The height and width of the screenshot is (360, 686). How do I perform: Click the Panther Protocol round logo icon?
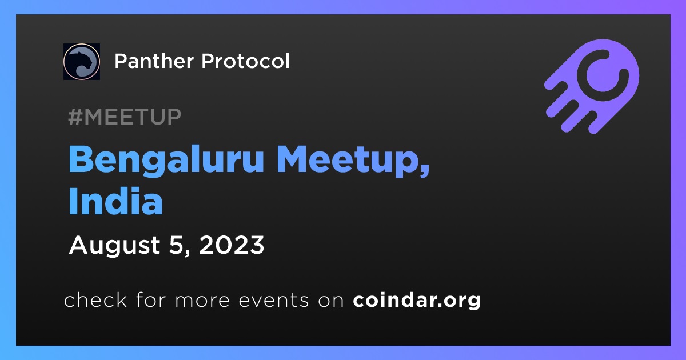pyautogui.click(x=81, y=62)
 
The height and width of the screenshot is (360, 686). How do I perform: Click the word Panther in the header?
pyautogui.click(x=154, y=61)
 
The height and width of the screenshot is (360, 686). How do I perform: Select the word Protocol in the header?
pyautogui.click(x=245, y=61)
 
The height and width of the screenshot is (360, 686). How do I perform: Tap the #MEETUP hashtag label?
pyautogui.click(x=125, y=117)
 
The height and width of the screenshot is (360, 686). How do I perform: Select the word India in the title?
pyautogui.click(x=115, y=201)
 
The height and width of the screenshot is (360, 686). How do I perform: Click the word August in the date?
pyautogui.click(x=115, y=246)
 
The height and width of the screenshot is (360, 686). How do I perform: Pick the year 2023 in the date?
pyautogui.click(x=232, y=245)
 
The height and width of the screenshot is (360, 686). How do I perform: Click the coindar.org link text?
pyautogui.click(x=417, y=301)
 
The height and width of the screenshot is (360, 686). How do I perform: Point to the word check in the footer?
pyautogui.click(x=95, y=299)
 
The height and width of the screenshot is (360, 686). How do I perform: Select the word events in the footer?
pyautogui.click(x=273, y=301)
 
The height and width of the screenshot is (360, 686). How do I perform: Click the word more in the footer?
pyautogui.click(x=202, y=301)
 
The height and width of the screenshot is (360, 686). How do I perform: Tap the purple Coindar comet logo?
pyautogui.click(x=592, y=86)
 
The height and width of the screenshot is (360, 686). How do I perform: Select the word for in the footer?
pyautogui.click(x=150, y=299)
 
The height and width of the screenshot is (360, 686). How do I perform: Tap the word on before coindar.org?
pyautogui.click(x=331, y=301)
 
